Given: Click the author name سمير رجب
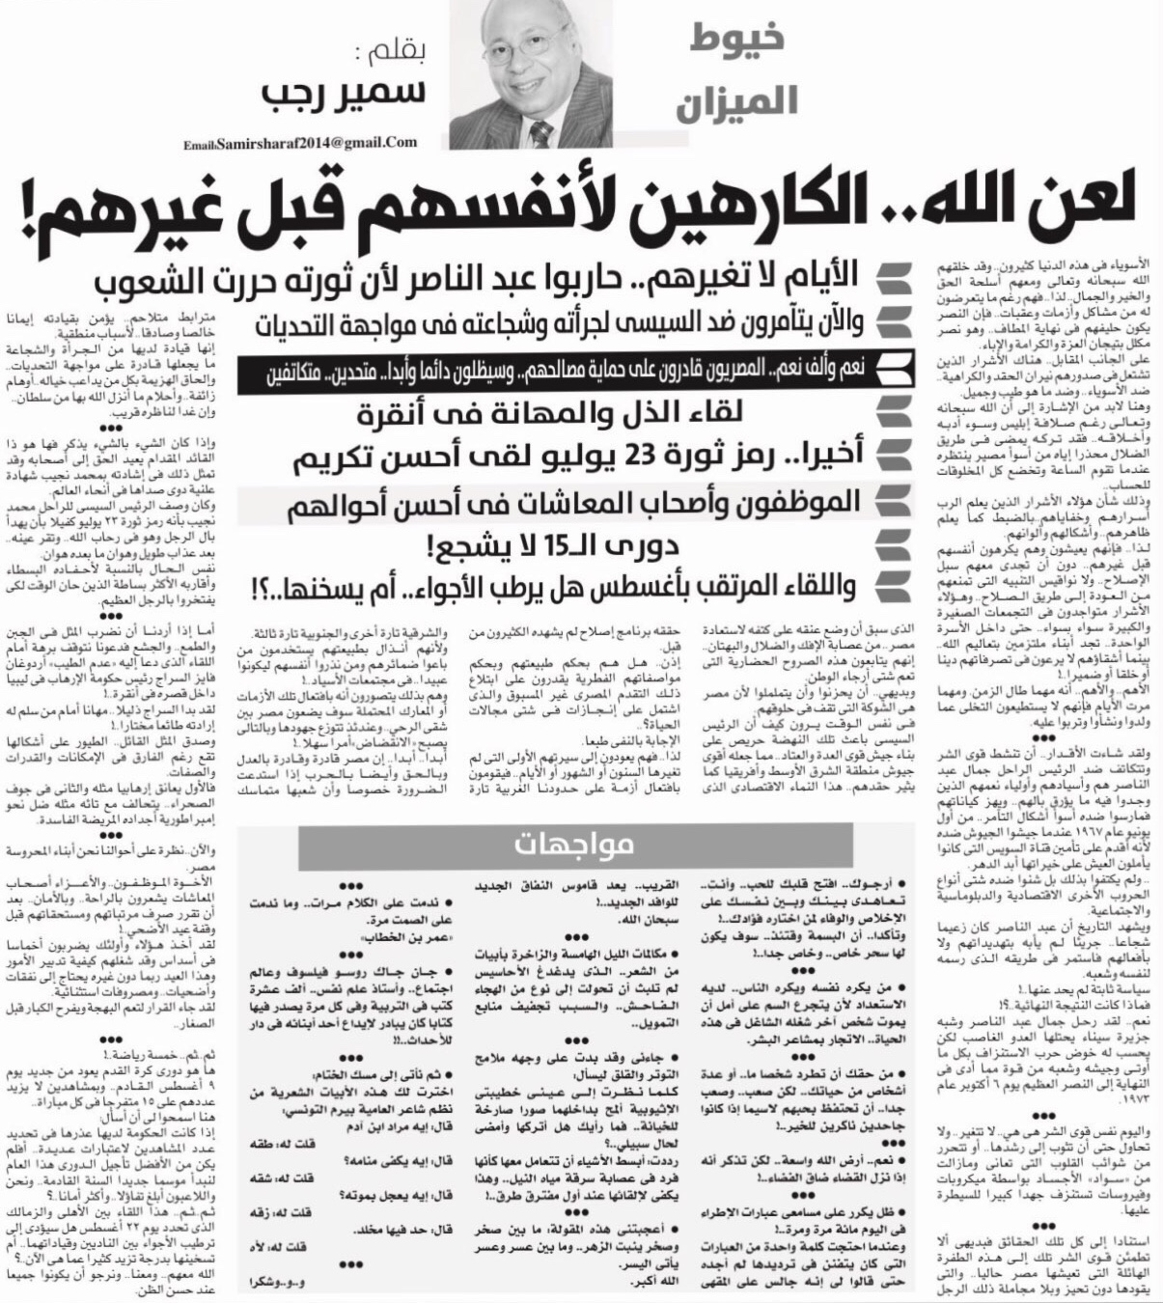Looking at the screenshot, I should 345,94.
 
